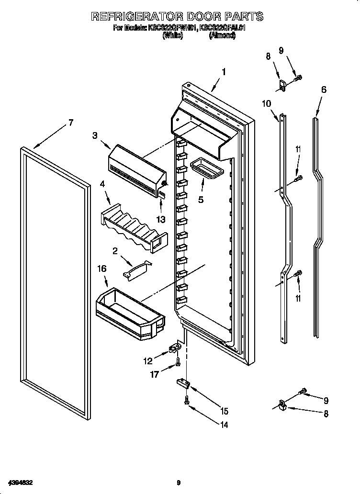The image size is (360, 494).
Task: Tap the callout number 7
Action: pyautogui.click(x=70, y=123)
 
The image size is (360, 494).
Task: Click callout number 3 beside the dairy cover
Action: pyautogui.click(x=95, y=135)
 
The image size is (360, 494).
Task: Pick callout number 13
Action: pyautogui.click(x=161, y=219)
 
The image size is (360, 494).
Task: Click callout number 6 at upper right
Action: pyautogui.click(x=324, y=90)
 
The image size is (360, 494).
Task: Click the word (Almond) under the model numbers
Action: pyautogui.click(x=222, y=35)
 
